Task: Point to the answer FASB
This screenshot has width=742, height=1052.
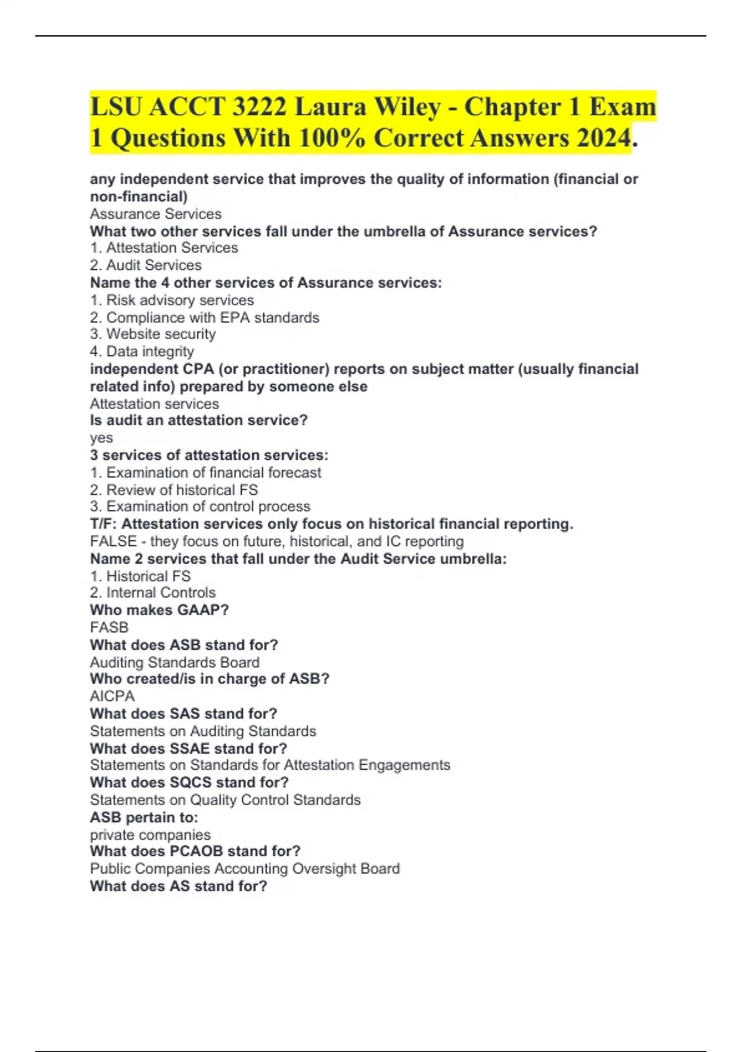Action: click(109, 627)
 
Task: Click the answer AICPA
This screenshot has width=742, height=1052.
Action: click(113, 696)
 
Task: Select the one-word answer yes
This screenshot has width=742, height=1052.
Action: click(101, 438)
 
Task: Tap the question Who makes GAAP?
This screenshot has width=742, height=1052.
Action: click(160, 610)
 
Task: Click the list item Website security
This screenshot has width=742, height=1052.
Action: click(161, 334)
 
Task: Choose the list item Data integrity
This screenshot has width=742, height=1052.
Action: click(150, 351)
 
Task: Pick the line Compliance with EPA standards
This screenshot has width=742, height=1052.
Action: click(213, 317)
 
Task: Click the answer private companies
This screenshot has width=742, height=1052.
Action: click(150, 834)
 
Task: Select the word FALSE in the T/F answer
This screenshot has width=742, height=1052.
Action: click(113, 541)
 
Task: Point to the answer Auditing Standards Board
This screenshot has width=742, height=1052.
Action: click(175, 662)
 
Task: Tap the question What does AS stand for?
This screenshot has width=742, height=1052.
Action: click(179, 886)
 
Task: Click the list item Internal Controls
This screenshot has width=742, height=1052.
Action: click(161, 592)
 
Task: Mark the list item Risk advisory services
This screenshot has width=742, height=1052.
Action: click(180, 300)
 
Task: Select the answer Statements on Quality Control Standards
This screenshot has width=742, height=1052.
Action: click(225, 800)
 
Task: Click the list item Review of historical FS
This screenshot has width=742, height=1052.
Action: click(182, 489)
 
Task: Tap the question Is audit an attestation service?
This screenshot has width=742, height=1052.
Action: click(198, 420)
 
